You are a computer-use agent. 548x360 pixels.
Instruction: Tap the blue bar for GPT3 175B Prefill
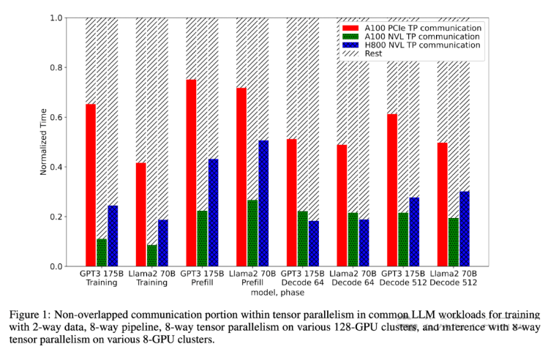click(x=213, y=212)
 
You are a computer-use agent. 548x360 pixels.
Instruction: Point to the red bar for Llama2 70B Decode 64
click(x=342, y=206)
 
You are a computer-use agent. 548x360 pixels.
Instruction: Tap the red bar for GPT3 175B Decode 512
click(x=392, y=190)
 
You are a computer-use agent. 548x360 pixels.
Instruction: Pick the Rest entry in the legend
click(x=373, y=54)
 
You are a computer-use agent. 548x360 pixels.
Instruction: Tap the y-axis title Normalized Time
click(x=43, y=142)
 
